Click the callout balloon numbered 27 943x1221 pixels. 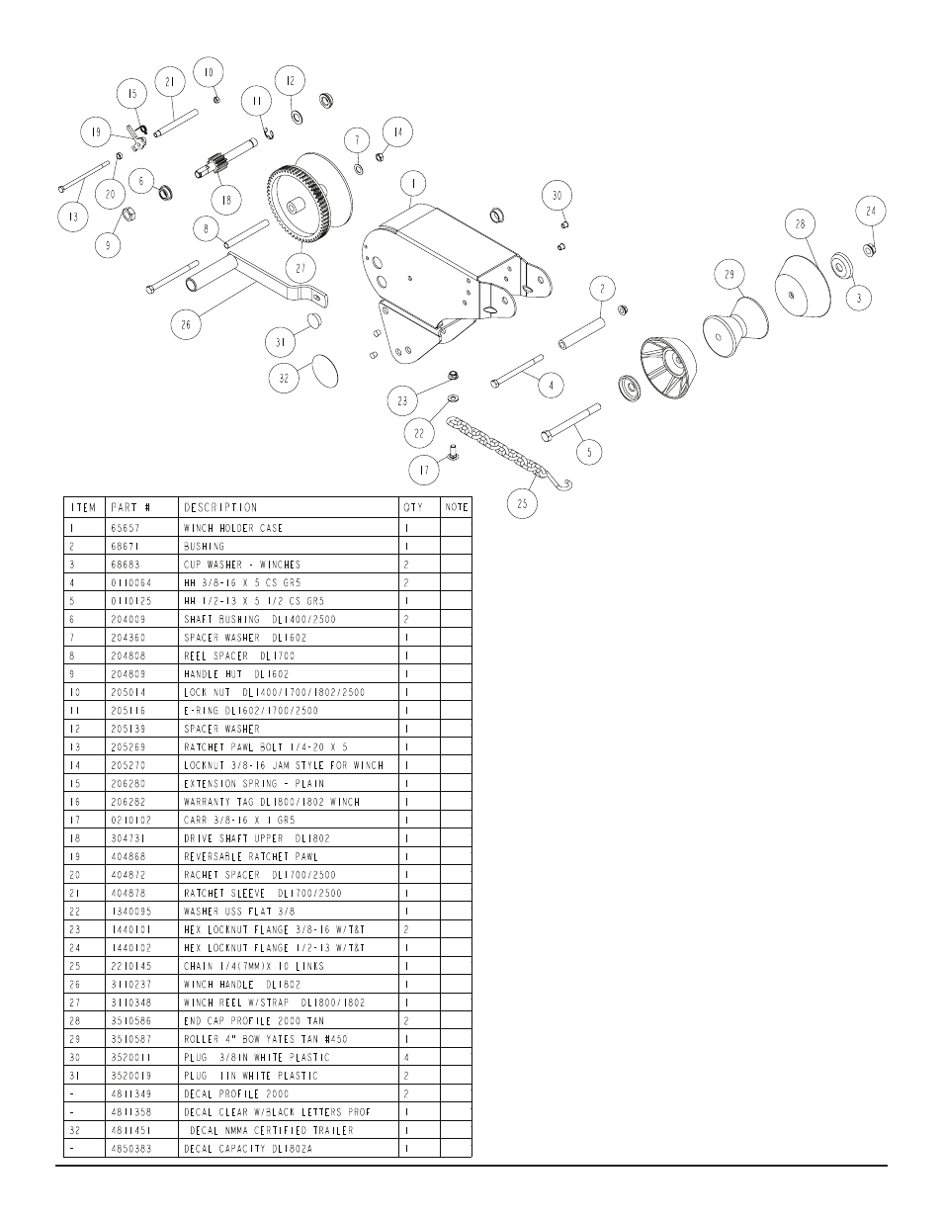[301, 268]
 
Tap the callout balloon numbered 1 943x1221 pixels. [413, 184]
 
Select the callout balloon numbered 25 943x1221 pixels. [522, 503]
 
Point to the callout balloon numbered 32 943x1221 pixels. [285, 378]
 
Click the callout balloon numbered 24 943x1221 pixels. [871, 211]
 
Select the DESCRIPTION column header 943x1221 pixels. [220, 507]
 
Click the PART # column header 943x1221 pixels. [130, 507]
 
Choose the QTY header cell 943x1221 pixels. [413, 507]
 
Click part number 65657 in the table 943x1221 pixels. [126, 528]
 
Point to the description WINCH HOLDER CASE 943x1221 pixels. [233, 528]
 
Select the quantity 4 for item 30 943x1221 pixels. [406, 1058]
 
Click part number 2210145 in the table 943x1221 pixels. [131, 966]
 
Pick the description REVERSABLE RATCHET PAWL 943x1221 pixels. [251, 856]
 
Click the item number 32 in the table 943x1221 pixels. [75, 1130]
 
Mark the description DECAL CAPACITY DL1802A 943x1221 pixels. [248, 1149]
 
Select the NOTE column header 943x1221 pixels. [457, 507]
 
